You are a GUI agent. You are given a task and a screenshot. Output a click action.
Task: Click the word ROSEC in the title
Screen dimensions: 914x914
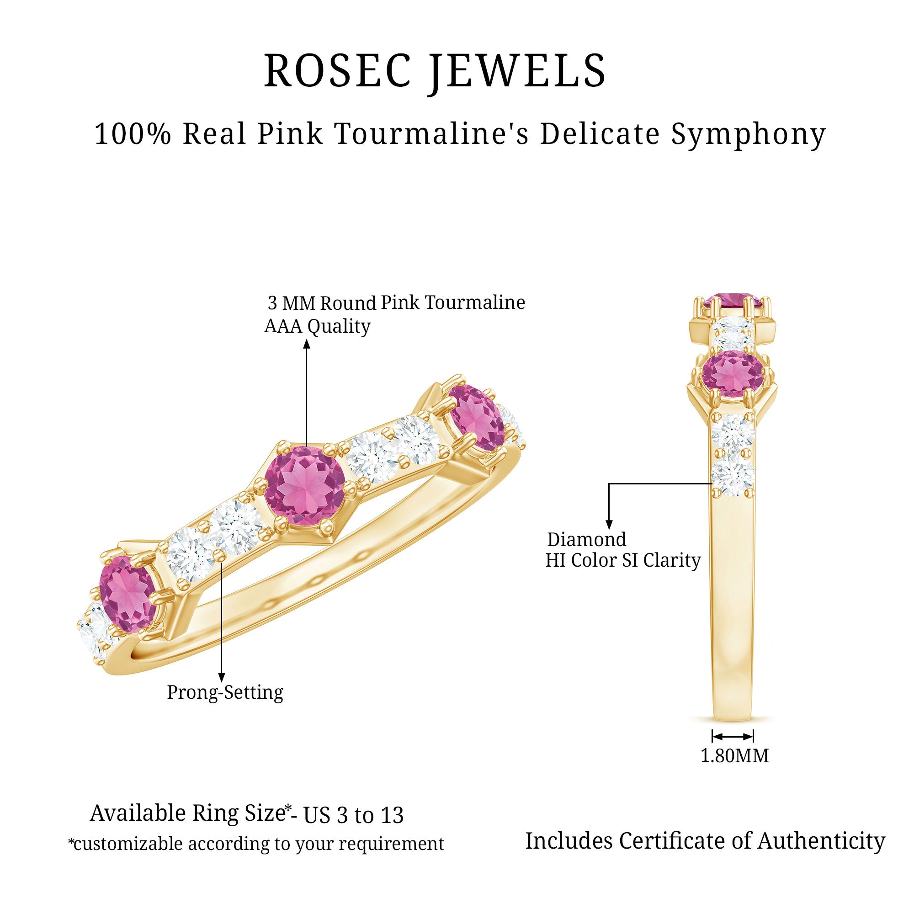click(336, 70)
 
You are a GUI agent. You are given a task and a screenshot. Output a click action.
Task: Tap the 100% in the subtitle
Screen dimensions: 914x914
click(132, 134)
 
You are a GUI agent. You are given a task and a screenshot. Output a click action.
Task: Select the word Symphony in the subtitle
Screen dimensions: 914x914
click(748, 135)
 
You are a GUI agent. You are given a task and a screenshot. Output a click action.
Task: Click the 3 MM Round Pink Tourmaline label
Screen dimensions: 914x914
click(396, 303)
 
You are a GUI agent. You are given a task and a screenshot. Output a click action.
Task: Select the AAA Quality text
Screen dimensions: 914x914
click(317, 326)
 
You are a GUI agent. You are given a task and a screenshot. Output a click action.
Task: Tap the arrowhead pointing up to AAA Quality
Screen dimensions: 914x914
click(307, 345)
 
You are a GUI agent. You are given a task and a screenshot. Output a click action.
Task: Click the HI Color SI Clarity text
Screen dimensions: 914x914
click(622, 561)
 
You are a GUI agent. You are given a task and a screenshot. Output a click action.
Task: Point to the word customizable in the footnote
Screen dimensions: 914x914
click(128, 844)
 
